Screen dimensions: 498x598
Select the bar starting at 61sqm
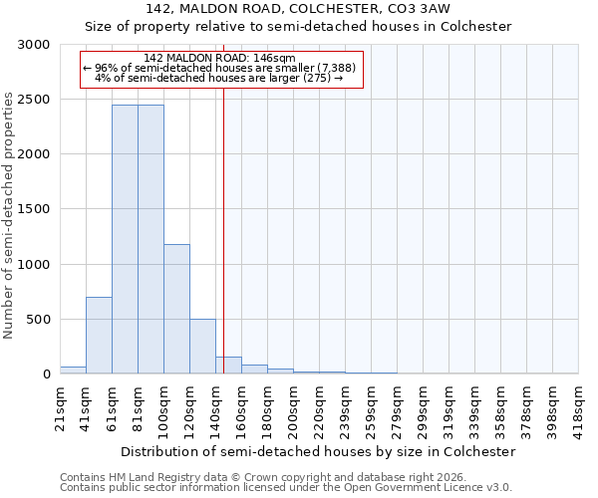[x=125, y=239]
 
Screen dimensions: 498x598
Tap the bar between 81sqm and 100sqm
[x=150, y=239]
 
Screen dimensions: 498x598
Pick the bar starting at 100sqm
[x=176, y=309]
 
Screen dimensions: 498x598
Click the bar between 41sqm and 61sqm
[x=99, y=336]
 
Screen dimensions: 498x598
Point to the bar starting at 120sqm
[x=202, y=347]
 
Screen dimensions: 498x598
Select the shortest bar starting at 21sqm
[x=73, y=370]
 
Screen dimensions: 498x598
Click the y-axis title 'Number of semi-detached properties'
[x=9, y=215]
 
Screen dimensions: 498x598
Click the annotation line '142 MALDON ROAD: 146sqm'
[x=219, y=59]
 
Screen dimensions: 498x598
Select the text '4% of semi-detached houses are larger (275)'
[x=218, y=78]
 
